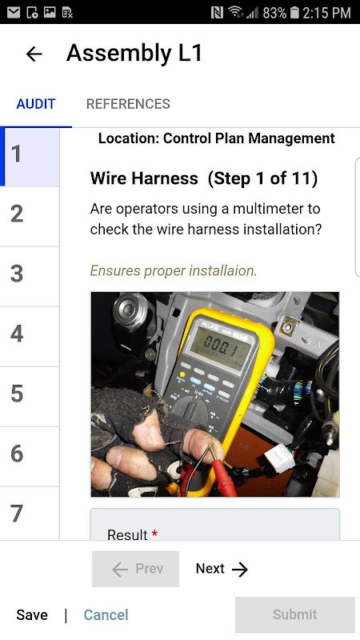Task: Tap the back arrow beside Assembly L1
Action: coord(34,54)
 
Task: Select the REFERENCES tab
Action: coord(128,104)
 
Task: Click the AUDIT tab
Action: coord(36,104)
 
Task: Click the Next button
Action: coord(222,569)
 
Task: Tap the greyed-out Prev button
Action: coord(136,569)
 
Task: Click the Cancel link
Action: coord(106,614)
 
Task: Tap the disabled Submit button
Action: coord(294,614)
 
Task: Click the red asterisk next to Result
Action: coord(154,534)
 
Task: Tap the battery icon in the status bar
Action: coord(294,13)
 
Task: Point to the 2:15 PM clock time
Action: coord(329,13)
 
